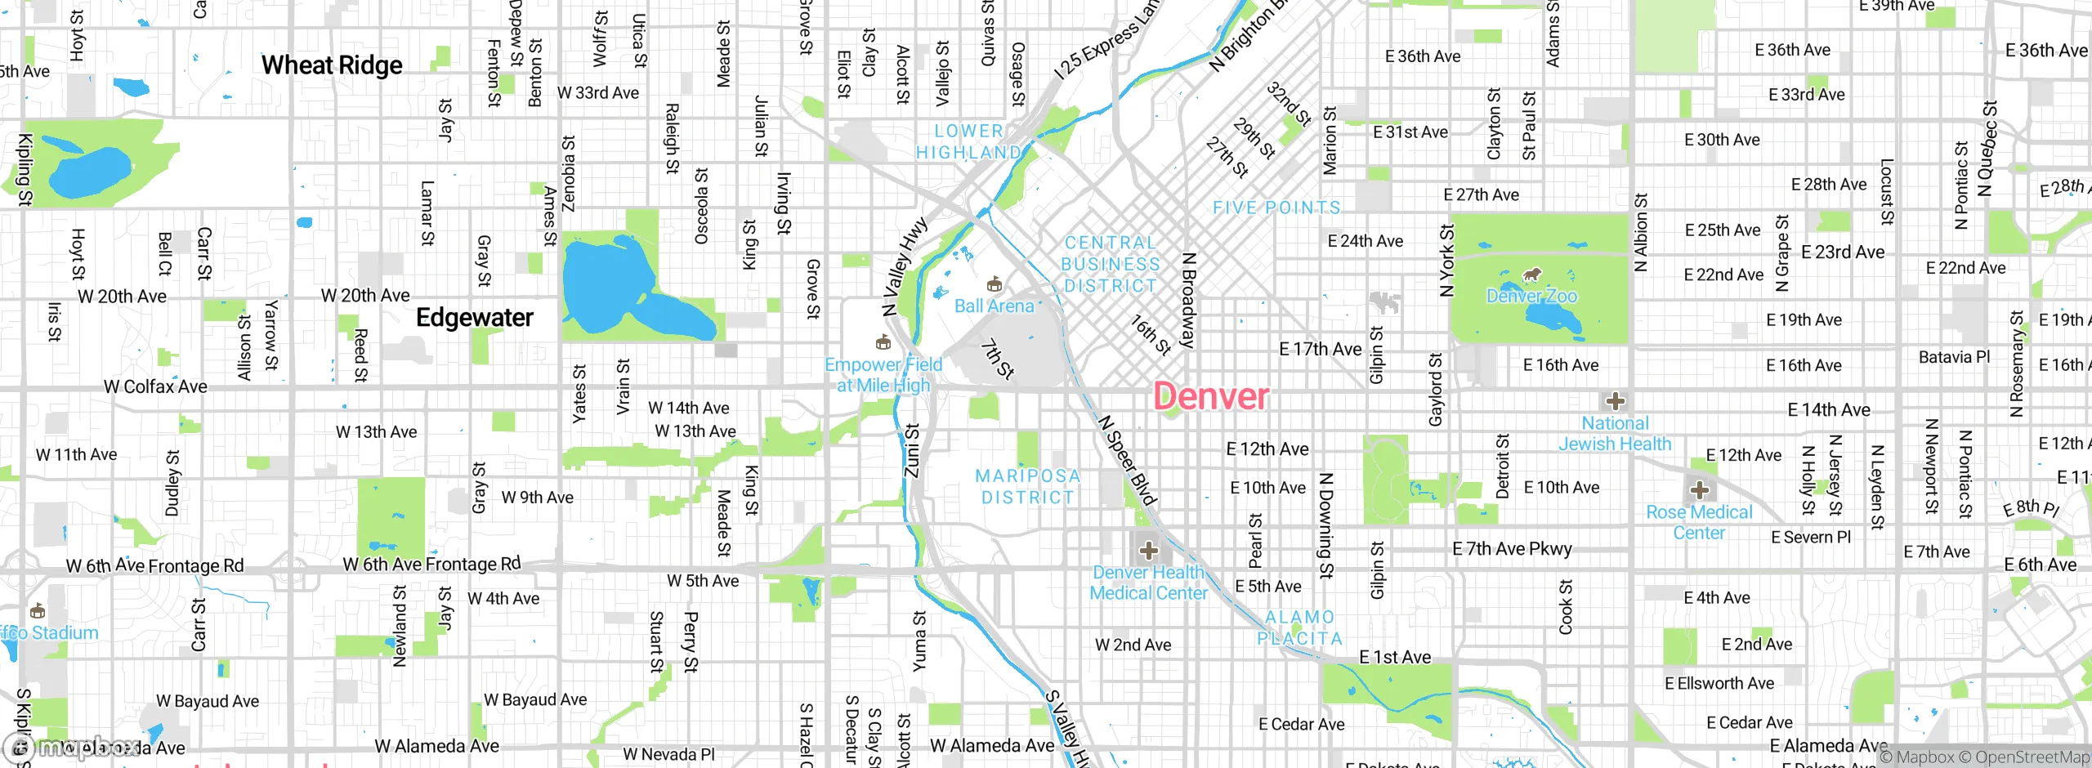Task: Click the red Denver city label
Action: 1210,397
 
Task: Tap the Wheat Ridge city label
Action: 332,65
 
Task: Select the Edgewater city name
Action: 474,318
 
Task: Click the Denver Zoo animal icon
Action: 1532,275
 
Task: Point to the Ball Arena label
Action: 994,306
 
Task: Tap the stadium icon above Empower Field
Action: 883,342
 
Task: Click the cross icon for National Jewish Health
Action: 1615,401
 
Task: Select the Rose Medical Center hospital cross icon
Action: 1700,490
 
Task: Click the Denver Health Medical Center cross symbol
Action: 1148,551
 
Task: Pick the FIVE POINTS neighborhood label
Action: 1276,208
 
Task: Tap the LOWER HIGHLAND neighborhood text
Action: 968,142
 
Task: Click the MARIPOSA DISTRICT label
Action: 1027,487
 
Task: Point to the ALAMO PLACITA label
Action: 1299,628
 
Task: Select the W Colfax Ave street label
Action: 155,386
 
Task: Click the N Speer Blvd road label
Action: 1127,461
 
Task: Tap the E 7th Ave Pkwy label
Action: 1512,549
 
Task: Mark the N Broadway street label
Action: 1189,300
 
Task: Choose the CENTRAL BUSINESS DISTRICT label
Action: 1110,265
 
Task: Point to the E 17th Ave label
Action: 1320,350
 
